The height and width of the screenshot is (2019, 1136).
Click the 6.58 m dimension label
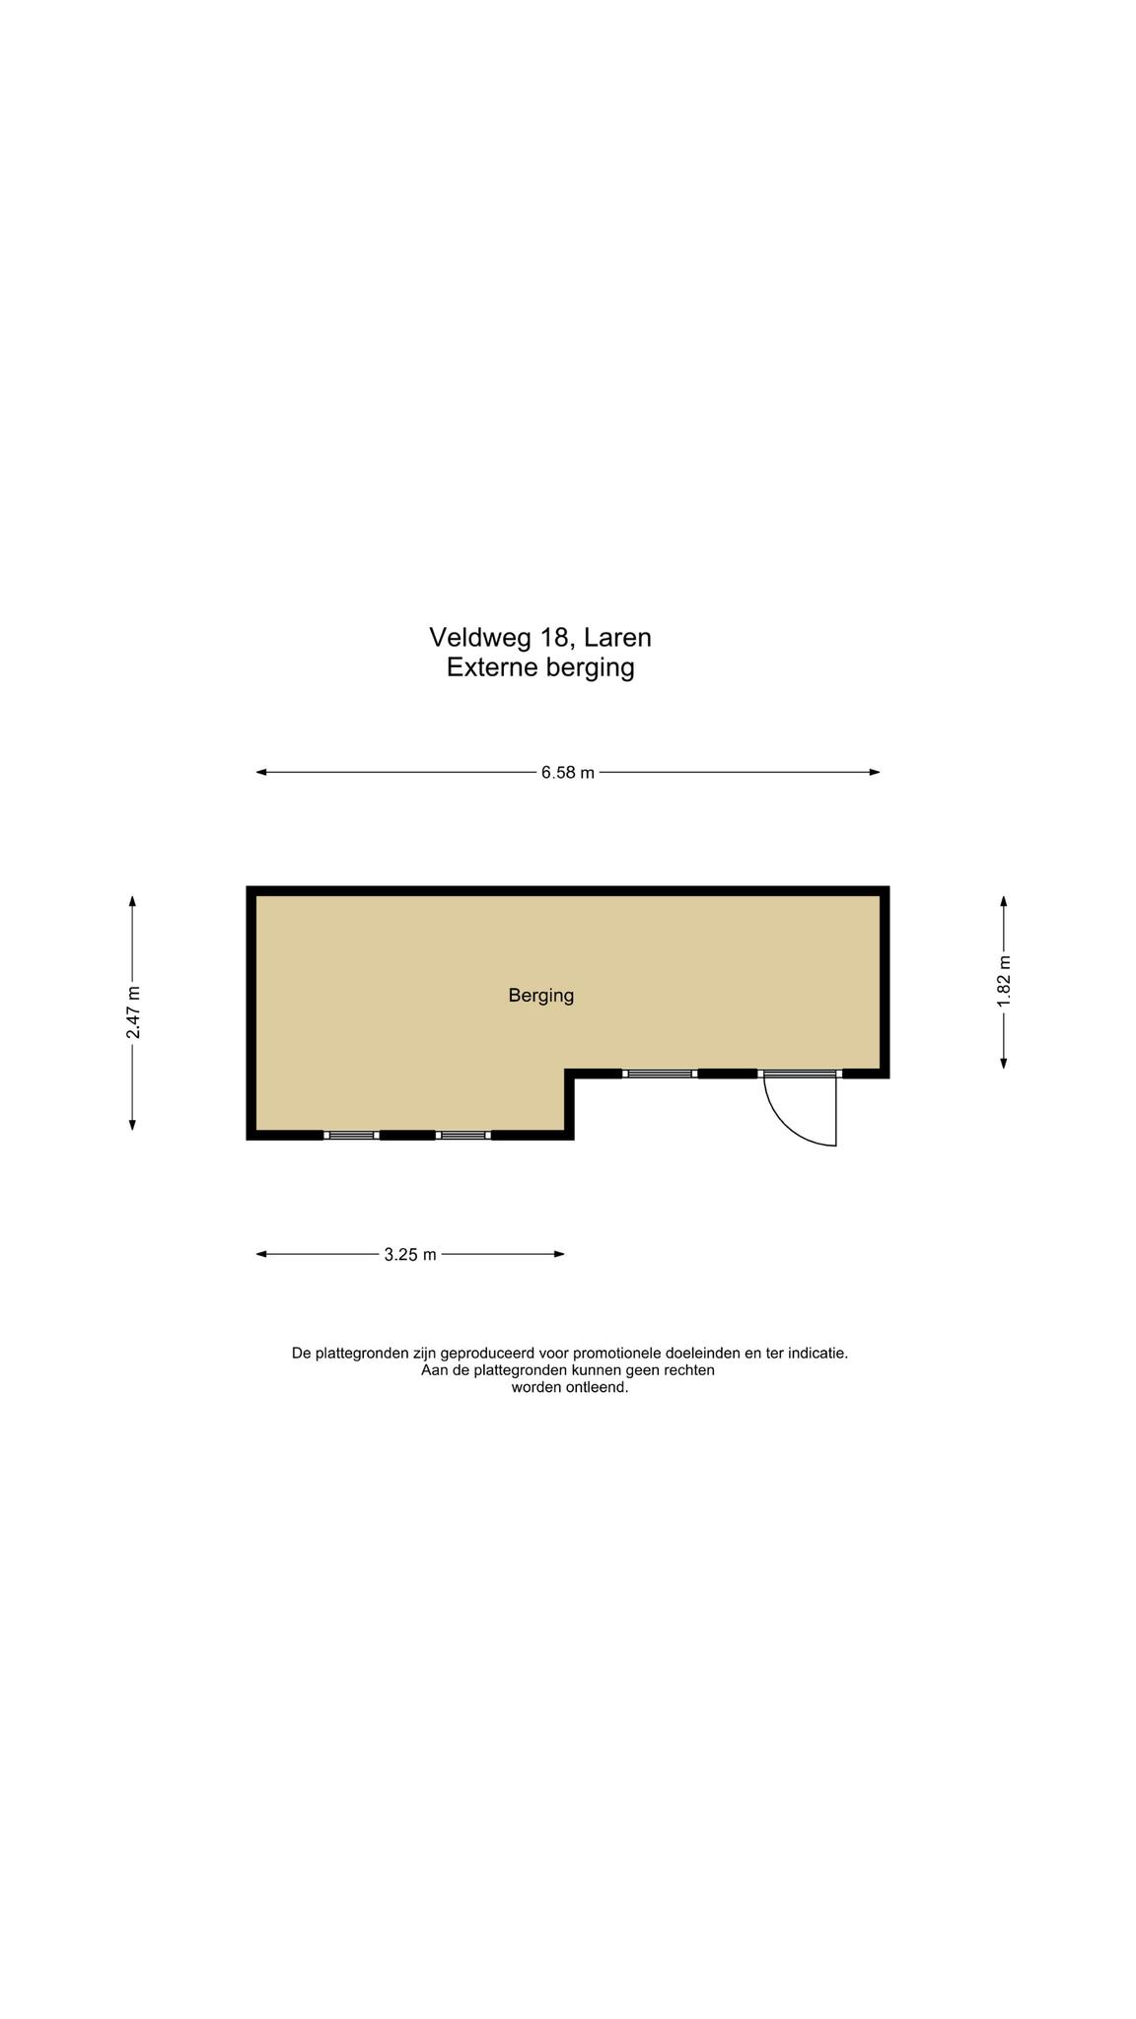pos(567,773)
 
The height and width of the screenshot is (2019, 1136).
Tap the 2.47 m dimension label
pos(133,1012)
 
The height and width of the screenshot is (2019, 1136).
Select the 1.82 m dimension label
pos(1004,982)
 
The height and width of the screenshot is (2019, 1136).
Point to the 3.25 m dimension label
pos(410,1255)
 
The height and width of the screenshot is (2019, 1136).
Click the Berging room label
pos(541,996)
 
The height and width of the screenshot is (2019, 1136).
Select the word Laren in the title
pos(618,638)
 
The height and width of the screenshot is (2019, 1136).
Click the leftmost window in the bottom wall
pos(351,1136)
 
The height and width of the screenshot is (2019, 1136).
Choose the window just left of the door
pos(660,1074)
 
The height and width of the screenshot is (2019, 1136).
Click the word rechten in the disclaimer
pos(687,1370)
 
